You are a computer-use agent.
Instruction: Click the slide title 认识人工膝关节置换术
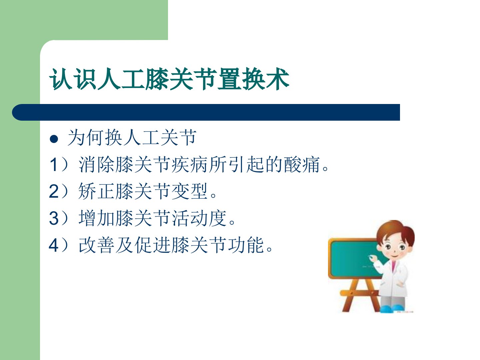click(169, 79)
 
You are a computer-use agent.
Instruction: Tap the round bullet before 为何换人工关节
click(54, 139)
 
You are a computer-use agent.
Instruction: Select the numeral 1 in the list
click(54, 165)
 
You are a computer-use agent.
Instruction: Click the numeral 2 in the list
click(54, 191)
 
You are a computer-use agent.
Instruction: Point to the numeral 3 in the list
click(54, 218)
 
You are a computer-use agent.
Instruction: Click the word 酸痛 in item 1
click(302, 164)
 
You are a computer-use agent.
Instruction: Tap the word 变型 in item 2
click(189, 191)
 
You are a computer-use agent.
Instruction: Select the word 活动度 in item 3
click(199, 218)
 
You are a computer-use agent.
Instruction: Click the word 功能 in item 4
click(246, 245)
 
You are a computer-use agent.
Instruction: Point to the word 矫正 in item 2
click(96, 191)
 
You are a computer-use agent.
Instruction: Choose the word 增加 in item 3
click(96, 218)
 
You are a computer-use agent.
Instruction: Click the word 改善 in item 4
click(96, 245)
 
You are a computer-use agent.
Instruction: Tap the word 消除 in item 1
click(96, 164)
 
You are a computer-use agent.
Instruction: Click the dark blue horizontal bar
click(206, 112)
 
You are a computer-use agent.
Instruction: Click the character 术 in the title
click(278, 79)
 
